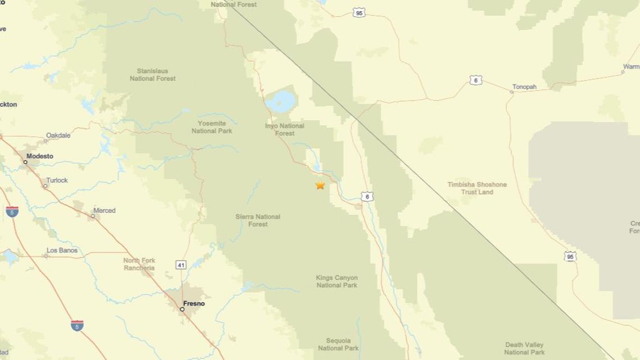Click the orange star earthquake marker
[320, 185]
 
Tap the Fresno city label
[194, 304]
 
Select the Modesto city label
[39, 156]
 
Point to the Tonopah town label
[524, 87]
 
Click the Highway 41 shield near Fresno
[181, 265]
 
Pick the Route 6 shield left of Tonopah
[476, 80]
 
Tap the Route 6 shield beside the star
[367, 197]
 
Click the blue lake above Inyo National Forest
[281, 102]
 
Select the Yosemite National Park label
[212, 127]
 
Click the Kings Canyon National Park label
[337, 281]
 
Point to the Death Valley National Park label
[524, 348]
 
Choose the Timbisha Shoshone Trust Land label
[477, 188]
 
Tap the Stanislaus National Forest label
[153, 75]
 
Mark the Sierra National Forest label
[258, 220]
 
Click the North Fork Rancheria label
[139, 264]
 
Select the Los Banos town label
[62, 250]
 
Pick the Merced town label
[104, 211]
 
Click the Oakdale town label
[58, 135]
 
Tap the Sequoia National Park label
[338, 344]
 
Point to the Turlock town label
[57, 180]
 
